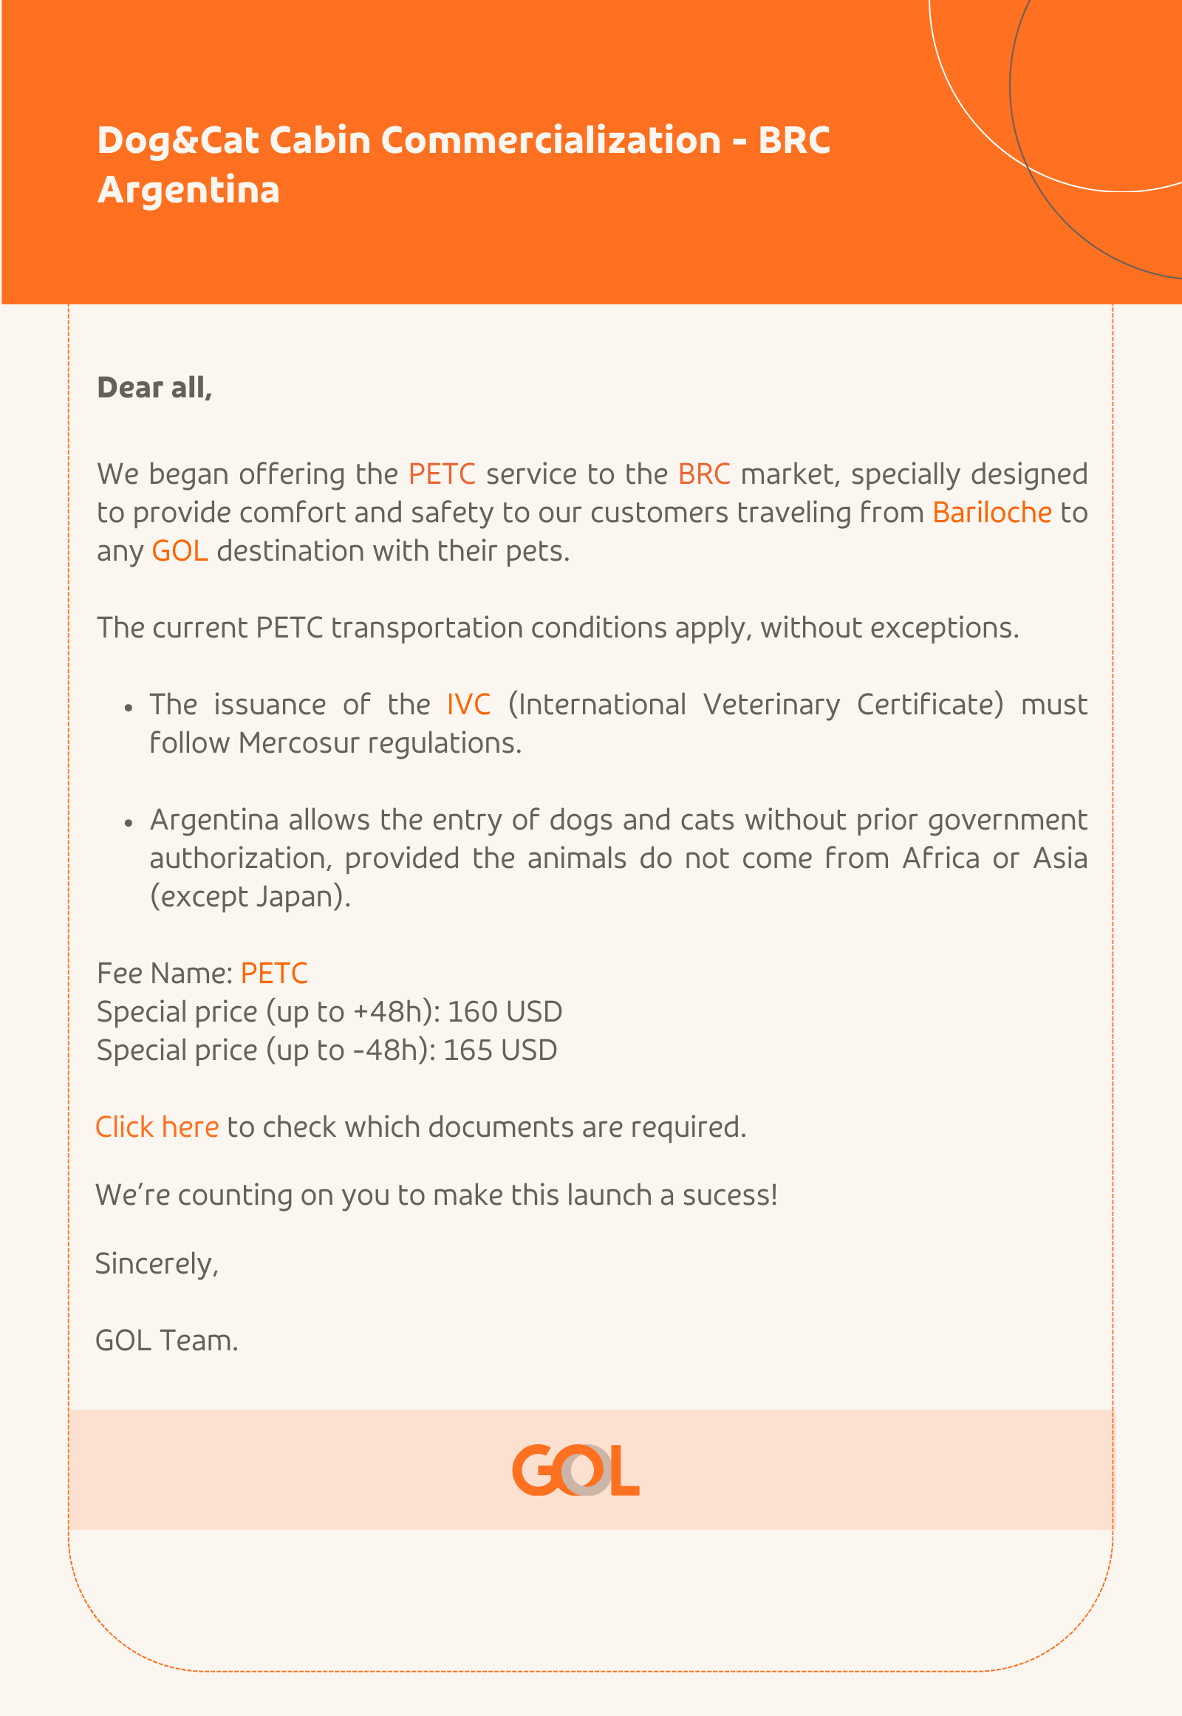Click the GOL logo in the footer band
(x=575, y=1469)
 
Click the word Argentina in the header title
(x=188, y=190)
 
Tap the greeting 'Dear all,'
(x=154, y=387)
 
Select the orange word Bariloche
(x=991, y=513)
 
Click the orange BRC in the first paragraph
(x=703, y=474)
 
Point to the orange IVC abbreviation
(x=468, y=704)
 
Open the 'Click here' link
(x=157, y=1127)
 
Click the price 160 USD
(x=505, y=1012)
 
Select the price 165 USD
(x=500, y=1050)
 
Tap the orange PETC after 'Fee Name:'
(x=274, y=973)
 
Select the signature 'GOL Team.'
(x=167, y=1341)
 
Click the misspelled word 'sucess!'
(x=729, y=1195)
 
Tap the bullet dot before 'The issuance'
(x=129, y=707)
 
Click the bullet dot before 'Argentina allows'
(x=129, y=823)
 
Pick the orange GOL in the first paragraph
(x=180, y=551)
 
